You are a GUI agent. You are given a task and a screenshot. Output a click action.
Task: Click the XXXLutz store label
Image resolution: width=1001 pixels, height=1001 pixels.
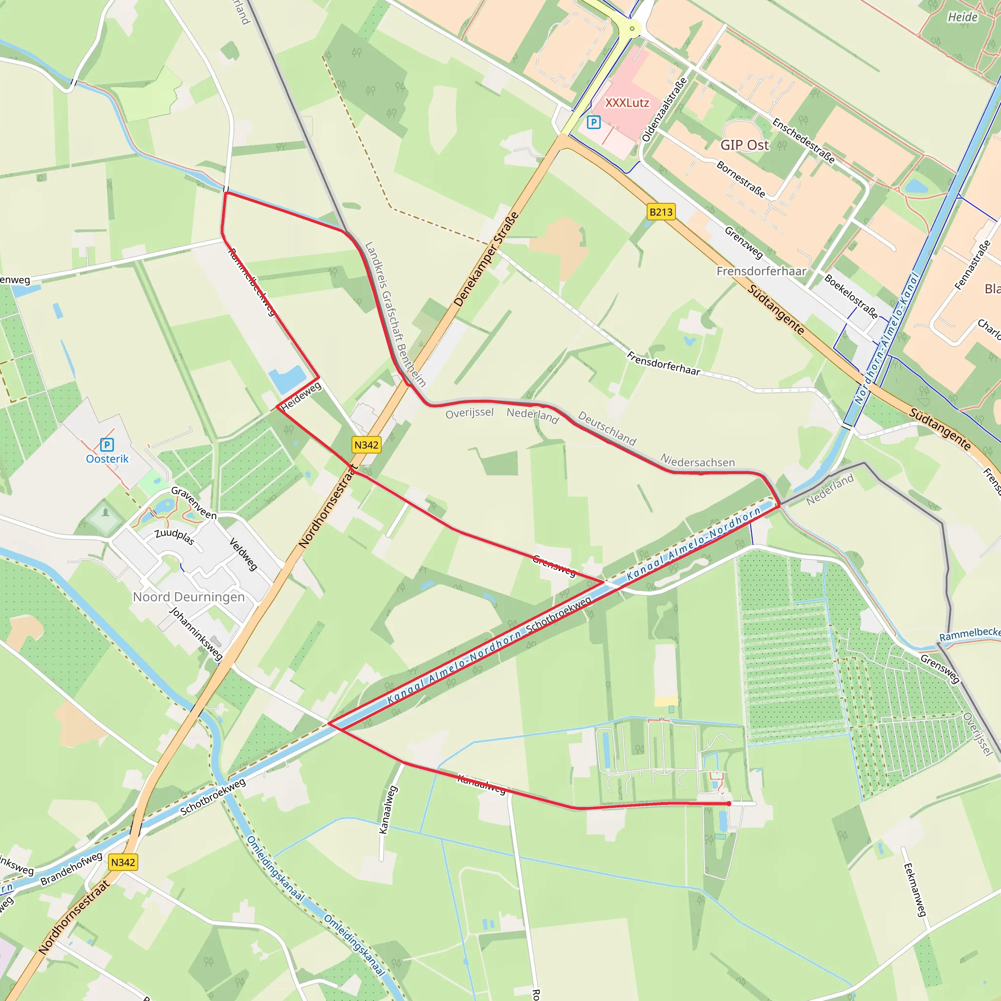click(627, 103)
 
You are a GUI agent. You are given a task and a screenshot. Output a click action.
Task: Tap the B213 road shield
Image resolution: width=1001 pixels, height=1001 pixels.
click(661, 212)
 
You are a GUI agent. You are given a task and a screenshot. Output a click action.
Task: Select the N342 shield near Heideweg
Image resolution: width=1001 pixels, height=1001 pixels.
click(366, 445)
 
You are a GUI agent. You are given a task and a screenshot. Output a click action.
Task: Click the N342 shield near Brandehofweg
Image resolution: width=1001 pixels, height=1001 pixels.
click(123, 862)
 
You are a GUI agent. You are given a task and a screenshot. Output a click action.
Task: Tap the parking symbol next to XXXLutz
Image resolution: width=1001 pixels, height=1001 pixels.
click(593, 122)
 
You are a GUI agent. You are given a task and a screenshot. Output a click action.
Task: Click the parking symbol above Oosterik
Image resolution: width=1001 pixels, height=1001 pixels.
click(107, 445)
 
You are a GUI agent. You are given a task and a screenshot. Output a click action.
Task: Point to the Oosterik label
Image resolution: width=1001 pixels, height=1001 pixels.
click(107, 458)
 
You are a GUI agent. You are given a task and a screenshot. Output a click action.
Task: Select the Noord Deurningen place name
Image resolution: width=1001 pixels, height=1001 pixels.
click(189, 597)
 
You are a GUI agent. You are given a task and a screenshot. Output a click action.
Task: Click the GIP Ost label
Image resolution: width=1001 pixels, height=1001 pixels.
click(744, 145)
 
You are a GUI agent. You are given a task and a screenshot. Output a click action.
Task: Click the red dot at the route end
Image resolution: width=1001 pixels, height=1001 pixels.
click(729, 804)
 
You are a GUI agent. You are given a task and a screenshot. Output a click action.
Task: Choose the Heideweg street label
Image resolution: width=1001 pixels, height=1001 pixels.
click(301, 397)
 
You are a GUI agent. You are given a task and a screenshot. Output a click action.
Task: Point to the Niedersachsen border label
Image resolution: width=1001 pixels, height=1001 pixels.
click(697, 461)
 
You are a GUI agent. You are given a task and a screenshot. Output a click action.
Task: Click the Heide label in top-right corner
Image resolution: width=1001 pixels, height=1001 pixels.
click(963, 17)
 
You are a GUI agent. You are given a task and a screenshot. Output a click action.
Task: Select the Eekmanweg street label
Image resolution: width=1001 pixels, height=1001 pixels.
click(914, 889)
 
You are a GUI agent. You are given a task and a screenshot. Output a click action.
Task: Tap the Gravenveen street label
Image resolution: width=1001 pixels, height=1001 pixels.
click(193, 503)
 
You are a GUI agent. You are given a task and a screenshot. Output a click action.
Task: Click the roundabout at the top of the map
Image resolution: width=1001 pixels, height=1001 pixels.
click(632, 28)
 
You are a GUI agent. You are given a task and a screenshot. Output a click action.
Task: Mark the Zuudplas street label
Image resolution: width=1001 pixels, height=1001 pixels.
click(174, 537)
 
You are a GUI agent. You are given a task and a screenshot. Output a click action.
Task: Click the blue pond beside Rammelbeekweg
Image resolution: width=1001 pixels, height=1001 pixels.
click(287, 380)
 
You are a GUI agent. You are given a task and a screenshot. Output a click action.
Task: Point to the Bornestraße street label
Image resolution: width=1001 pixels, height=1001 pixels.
click(741, 179)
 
